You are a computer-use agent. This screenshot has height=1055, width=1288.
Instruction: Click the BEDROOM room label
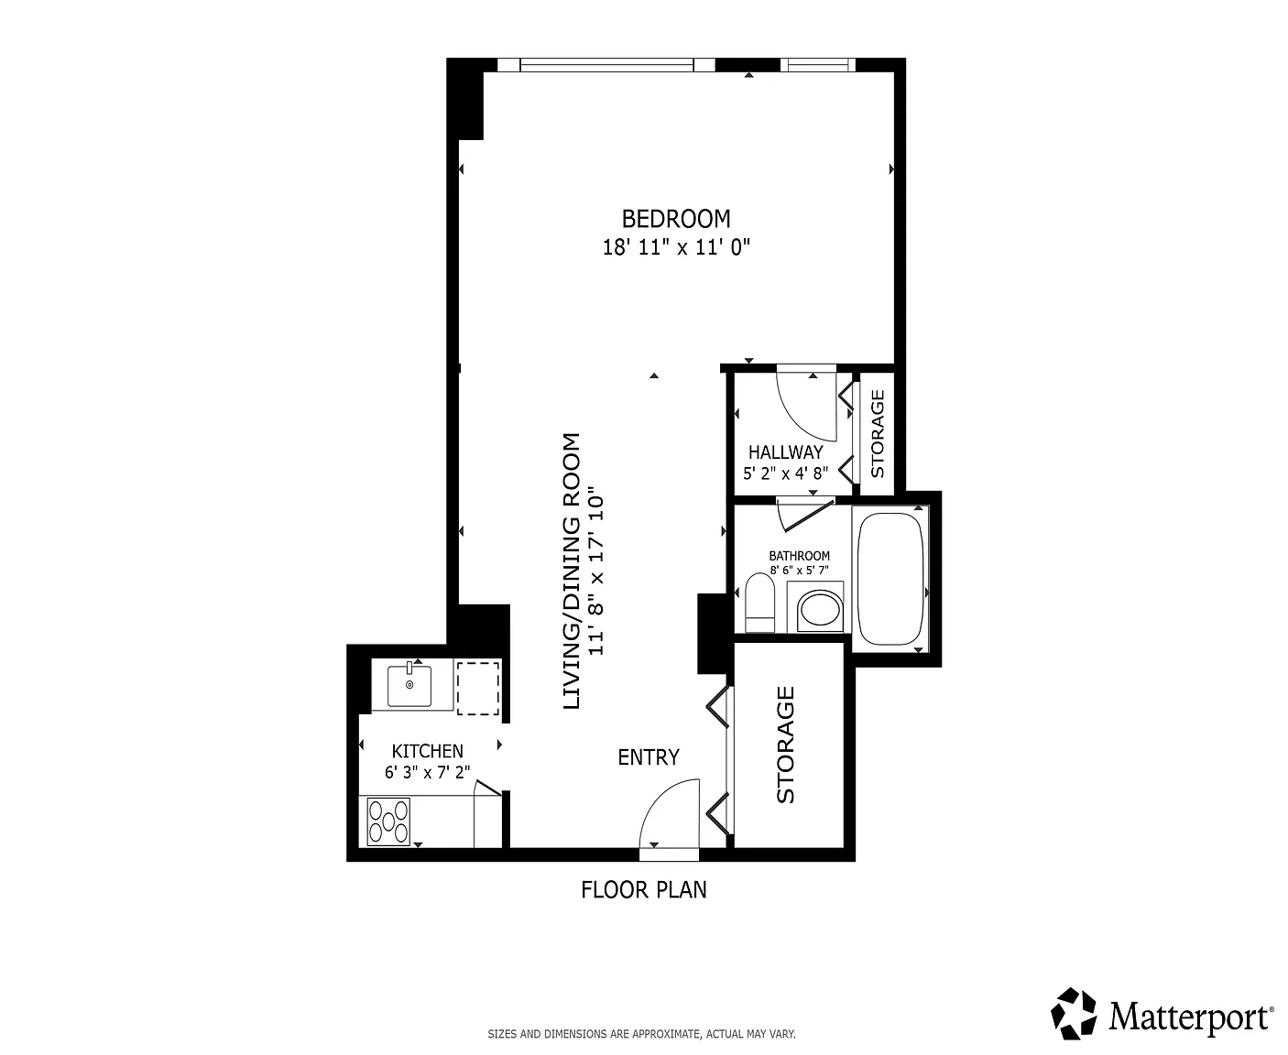(675, 219)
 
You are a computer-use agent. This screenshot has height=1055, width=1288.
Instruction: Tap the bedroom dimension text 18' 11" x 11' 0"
(676, 247)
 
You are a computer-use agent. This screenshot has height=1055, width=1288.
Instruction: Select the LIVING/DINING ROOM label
(571, 571)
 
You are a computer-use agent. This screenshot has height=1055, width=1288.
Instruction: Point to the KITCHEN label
(428, 751)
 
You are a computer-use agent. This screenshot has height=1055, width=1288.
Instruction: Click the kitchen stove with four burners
(388, 821)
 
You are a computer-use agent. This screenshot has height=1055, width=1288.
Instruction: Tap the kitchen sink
(409, 685)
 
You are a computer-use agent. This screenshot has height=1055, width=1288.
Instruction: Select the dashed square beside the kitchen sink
(478, 688)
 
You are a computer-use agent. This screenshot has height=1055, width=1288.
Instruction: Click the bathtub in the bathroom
(890, 579)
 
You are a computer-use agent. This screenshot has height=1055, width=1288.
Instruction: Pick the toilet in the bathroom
(759, 603)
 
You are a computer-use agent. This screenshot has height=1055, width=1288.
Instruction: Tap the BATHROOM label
(799, 556)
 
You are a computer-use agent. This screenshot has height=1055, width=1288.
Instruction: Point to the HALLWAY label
(785, 452)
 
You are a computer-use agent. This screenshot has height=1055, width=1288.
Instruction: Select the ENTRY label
(649, 757)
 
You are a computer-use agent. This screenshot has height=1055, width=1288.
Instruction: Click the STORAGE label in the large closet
(785, 745)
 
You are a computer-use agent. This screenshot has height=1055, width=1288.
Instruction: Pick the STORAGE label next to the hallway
(877, 434)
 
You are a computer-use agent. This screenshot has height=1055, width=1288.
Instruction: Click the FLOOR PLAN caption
(644, 890)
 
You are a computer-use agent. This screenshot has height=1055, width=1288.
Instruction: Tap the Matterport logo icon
(1073, 1014)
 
